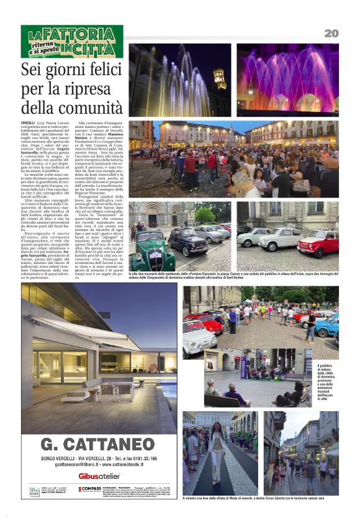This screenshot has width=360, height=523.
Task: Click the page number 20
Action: point(331,33)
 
